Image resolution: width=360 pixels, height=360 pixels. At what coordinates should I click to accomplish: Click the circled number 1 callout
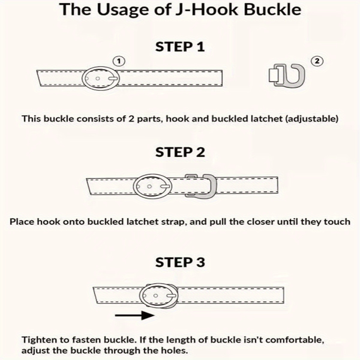click(x=119, y=61)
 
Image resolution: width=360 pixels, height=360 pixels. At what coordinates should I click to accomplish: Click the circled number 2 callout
click(x=317, y=61)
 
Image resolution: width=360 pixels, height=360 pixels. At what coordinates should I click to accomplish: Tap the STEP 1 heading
click(x=180, y=46)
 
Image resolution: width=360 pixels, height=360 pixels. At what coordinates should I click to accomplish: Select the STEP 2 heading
click(x=180, y=152)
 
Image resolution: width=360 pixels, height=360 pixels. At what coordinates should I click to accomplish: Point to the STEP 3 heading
click(x=180, y=262)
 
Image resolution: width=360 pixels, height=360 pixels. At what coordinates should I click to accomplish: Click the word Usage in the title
click(x=114, y=10)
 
